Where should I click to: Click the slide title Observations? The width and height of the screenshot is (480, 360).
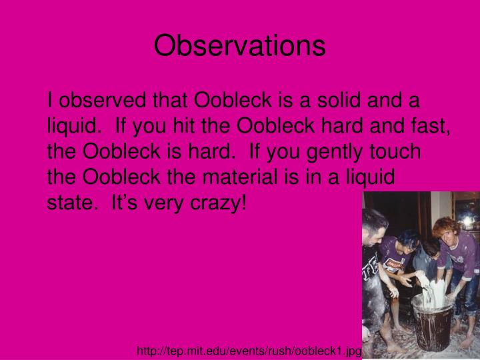[x=239, y=45]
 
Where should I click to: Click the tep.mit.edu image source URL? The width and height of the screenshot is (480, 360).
[x=249, y=351]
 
